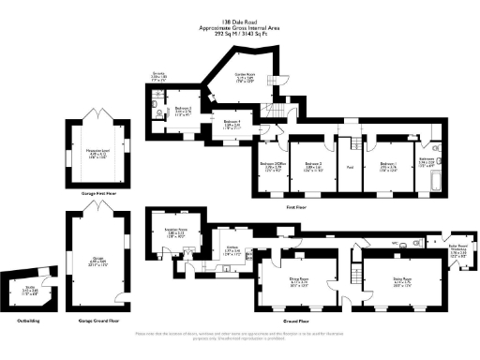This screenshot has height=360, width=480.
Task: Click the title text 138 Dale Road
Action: tap(240, 20)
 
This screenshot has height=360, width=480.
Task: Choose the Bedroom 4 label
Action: tap(230, 123)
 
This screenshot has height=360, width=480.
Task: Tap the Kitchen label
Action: tap(229, 250)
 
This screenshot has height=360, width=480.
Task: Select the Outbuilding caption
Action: tap(30, 321)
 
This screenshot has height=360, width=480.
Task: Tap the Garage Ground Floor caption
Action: tap(92, 321)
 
